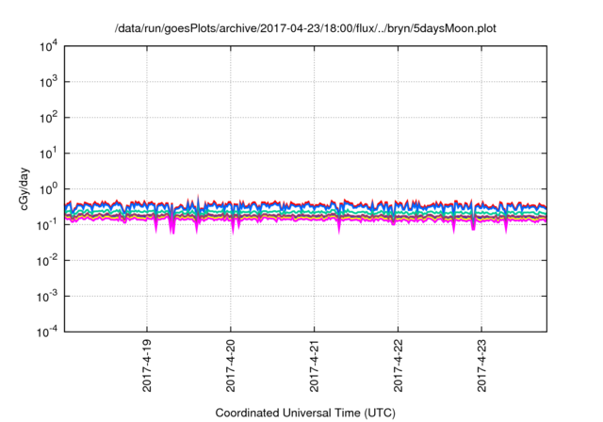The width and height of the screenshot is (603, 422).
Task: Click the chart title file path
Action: [x=304, y=28]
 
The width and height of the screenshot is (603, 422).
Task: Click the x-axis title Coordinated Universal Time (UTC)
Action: [x=303, y=413]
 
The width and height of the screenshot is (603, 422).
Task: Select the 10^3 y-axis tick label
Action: [x=47, y=82]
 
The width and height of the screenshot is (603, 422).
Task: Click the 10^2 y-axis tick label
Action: [x=47, y=118]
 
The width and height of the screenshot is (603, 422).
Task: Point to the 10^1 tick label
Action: [x=47, y=153]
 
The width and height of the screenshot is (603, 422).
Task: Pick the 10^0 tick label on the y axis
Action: [x=47, y=188]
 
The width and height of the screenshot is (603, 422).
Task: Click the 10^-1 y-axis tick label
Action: [x=46, y=224]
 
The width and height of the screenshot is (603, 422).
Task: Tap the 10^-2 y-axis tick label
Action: [x=46, y=260]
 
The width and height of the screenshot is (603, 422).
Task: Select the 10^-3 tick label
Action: [x=46, y=296]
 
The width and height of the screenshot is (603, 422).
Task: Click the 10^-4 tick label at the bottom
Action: [x=46, y=331]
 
